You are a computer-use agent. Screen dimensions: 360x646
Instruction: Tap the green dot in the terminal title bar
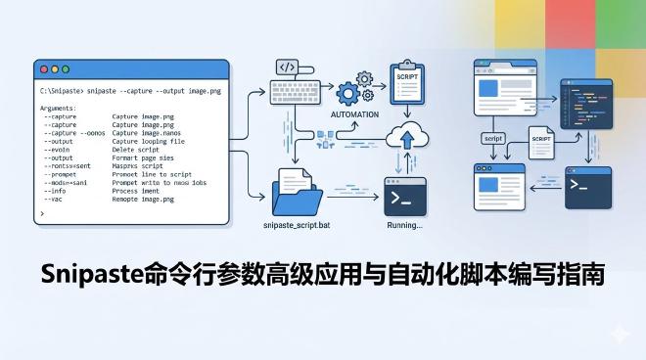point(66,70)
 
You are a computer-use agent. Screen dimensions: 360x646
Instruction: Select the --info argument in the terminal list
point(57,191)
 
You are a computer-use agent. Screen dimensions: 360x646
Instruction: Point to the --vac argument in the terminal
point(54,199)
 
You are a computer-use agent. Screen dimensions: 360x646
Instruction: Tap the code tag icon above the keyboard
point(287,67)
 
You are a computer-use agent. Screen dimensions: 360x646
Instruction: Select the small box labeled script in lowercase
point(493,139)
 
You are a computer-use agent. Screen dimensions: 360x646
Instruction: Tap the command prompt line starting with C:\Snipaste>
point(128,90)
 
